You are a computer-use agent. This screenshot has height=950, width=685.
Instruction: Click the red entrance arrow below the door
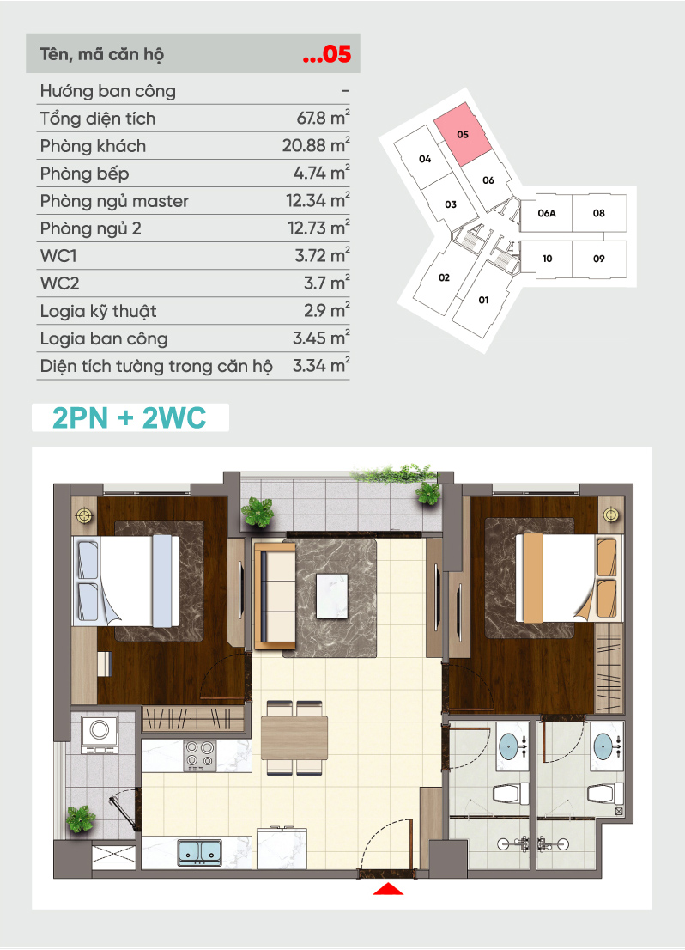pos(388,889)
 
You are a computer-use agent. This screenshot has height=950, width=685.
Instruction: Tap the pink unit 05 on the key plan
pos(463,134)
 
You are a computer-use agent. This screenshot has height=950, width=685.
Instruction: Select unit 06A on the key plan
pos(546,213)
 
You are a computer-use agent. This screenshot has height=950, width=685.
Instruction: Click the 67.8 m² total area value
pos(323,118)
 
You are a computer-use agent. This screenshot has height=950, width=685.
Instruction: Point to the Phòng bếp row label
pos(84,174)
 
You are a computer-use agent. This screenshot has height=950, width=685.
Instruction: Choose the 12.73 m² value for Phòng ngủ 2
pos(318,228)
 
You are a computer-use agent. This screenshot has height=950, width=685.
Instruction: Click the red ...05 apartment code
pos(327,54)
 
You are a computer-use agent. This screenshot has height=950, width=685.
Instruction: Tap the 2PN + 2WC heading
pos(130,417)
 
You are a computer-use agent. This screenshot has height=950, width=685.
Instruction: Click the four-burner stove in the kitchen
pos(200,755)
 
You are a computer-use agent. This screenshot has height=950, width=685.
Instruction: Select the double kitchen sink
pos(200,851)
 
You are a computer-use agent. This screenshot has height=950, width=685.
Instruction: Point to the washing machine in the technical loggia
pos(100,735)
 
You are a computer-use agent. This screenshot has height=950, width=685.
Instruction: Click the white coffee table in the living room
pos(332,595)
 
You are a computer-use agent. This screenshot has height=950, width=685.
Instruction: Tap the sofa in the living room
pos(275,595)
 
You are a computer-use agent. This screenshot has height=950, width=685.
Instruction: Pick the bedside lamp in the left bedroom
pos(84,515)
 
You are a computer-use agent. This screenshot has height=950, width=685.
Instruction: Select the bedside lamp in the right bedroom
pos(610,515)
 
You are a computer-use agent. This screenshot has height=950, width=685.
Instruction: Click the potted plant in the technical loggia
pos(81,819)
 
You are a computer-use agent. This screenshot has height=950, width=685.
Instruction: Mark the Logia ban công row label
pos(104,338)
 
